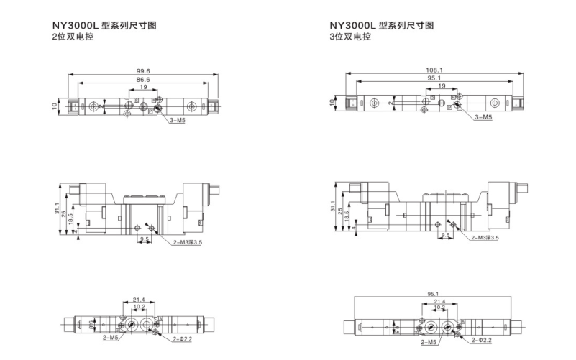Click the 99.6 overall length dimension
143,70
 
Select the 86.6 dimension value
142,78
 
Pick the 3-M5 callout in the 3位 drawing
483,116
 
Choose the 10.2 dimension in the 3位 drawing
439,307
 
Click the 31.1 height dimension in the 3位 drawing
333,207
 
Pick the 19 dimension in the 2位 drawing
143,87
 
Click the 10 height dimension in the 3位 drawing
332,103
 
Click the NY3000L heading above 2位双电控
103,25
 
